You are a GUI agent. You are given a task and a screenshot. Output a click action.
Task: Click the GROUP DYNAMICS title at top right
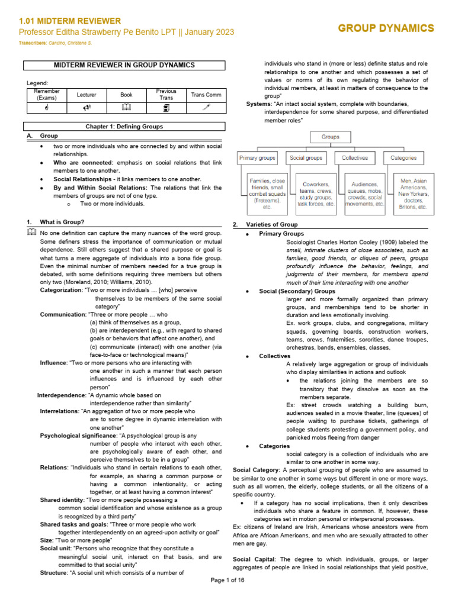(386, 28)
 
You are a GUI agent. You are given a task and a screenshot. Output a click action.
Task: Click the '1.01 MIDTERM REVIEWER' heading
(70, 21)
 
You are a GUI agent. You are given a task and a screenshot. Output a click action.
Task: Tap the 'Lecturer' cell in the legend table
(86, 94)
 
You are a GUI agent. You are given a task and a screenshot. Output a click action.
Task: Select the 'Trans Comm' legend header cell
(205, 94)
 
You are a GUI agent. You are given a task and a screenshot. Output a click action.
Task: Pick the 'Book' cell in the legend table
(126, 94)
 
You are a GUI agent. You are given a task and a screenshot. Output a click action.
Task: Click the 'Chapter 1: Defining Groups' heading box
(124, 127)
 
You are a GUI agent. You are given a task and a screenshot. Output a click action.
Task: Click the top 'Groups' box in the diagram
(331, 137)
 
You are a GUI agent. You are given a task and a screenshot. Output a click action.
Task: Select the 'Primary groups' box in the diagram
(257, 158)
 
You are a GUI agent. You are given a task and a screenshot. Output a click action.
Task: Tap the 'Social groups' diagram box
(306, 158)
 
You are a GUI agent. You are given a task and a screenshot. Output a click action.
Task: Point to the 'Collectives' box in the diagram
(355, 158)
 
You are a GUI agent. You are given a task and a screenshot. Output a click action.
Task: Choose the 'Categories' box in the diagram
(403, 158)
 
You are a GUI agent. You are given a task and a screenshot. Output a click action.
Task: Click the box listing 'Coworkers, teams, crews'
(316, 194)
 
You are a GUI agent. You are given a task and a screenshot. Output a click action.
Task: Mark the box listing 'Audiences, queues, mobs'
(364, 194)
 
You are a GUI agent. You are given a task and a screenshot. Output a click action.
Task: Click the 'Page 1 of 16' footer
(227, 596)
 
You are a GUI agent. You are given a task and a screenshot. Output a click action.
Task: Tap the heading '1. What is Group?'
(62, 222)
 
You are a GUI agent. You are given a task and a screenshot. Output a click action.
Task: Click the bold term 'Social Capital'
(255, 559)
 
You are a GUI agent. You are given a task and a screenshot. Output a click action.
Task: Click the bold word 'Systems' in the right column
(259, 104)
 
